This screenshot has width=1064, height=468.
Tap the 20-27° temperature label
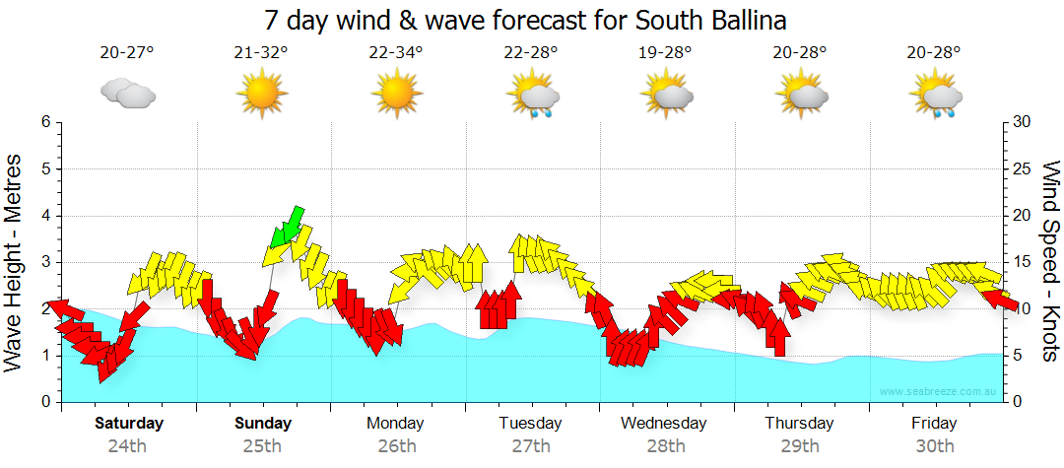tap(127, 53)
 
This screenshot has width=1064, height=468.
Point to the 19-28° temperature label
tap(665, 53)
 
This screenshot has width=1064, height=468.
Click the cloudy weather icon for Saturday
tap(127, 95)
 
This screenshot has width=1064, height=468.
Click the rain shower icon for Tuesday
tap(532, 97)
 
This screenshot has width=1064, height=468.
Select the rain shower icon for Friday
tap(936, 97)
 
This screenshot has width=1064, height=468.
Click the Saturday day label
tap(129, 424)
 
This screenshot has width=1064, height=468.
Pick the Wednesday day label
tap(664, 424)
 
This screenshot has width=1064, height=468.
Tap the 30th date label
tap(935, 445)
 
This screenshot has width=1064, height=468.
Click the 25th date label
tap(263, 445)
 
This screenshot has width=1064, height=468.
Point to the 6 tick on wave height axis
tap(45, 122)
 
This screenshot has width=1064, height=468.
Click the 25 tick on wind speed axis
tap(1023, 168)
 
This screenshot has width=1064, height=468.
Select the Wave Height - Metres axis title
tap(15, 261)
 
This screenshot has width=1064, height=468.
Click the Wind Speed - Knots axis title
tap(1050, 261)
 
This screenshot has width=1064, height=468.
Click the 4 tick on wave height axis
tap(45, 216)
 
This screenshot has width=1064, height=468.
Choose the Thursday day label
tap(799, 424)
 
